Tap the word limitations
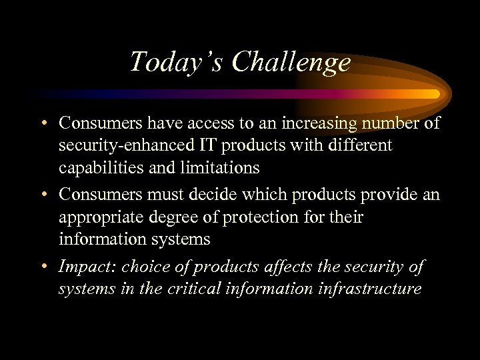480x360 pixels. [222, 167]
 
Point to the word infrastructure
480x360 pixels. [374, 289]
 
